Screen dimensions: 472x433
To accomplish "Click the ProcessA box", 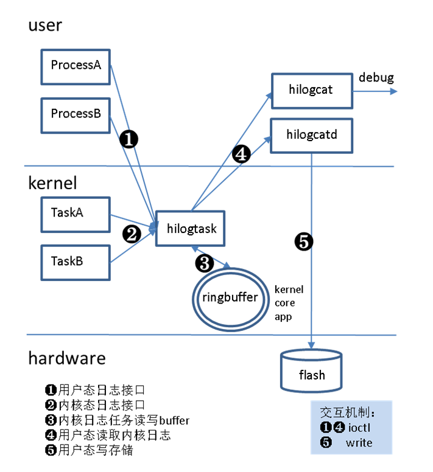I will [76, 66].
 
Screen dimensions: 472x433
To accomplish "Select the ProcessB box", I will [76, 114].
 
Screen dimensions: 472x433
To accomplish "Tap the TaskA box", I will [76, 213].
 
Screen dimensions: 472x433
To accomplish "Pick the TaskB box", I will [76, 262].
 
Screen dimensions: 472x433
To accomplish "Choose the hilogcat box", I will [311, 91].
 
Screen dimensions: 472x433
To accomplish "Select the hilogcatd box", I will [311, 134].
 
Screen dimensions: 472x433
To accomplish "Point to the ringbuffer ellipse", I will [230, 298].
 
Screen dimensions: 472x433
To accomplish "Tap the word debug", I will [376, 78].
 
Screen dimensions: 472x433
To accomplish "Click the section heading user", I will [45, 26].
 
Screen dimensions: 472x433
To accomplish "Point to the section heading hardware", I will [66, 358].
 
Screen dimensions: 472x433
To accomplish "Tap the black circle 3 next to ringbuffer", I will [204, 263].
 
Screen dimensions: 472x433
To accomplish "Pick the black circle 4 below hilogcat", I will [241, 155].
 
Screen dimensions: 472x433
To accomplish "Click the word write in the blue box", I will [359, 442].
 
